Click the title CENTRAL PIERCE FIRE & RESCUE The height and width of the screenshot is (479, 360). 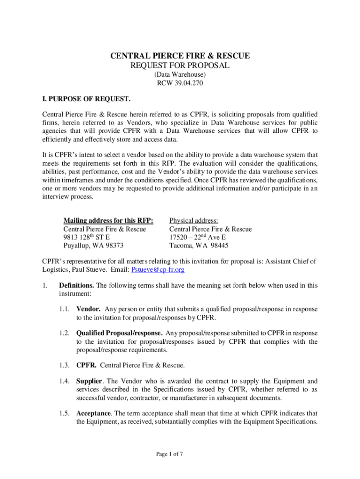click(180, 56)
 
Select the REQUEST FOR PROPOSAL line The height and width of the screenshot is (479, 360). click(180, 66)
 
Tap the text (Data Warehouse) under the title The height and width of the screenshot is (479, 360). click(180, 75)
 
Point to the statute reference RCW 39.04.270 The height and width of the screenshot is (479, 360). click(180, 83)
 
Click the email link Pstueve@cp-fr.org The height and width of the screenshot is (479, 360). click(158, 270)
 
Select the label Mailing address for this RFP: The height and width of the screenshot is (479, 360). click(108, 220)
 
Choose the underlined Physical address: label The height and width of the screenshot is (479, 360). click(194, 220)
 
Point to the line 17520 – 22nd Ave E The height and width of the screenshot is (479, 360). click(197, 237)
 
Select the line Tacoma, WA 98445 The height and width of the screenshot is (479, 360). click(199, 246)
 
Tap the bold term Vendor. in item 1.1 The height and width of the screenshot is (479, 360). click(88, 309)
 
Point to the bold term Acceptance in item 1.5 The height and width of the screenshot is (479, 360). click(94, 414)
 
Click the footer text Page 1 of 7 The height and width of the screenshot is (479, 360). click(169, 453)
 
